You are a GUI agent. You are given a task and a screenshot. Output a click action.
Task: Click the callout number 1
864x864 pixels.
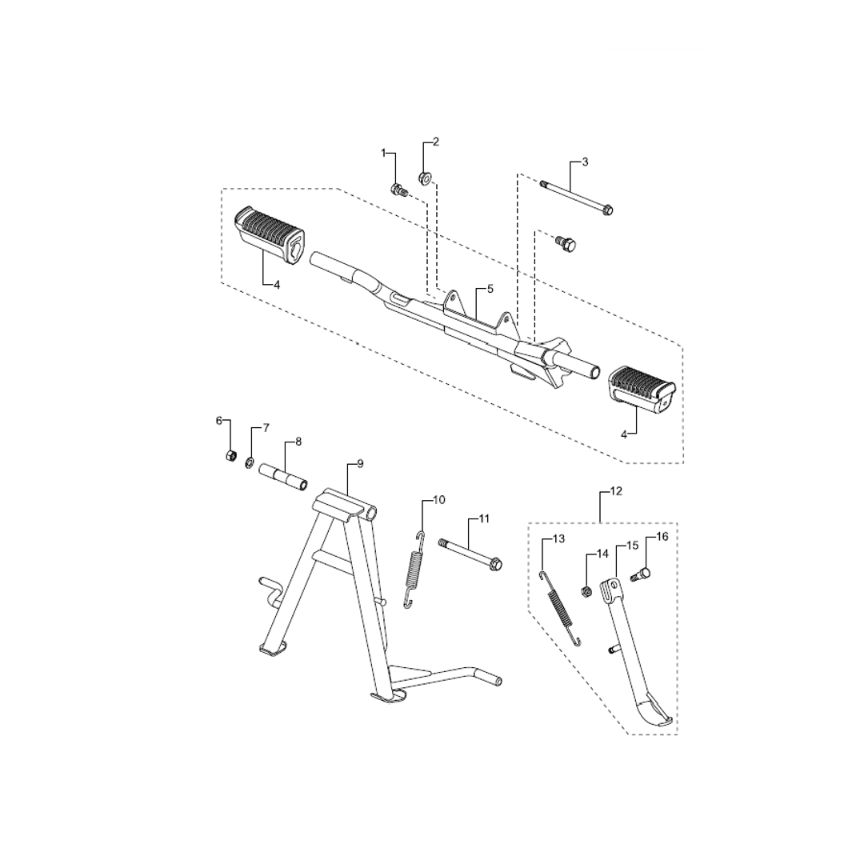coord(384,153)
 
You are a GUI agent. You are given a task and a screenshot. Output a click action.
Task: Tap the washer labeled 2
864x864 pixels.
coord(426,178)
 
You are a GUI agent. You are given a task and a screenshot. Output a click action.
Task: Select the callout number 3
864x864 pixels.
coord(585,162)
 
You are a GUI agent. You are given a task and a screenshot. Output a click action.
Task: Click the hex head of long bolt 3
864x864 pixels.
coord(608,210)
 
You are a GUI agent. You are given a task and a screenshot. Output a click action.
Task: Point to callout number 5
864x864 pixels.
coord(490,289)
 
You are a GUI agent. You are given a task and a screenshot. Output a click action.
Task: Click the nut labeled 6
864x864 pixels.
coord(232,455)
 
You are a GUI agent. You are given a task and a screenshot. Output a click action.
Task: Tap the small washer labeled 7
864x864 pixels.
coord(249,462)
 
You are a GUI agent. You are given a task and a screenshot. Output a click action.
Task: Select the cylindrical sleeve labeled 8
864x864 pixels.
coord(283,476)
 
